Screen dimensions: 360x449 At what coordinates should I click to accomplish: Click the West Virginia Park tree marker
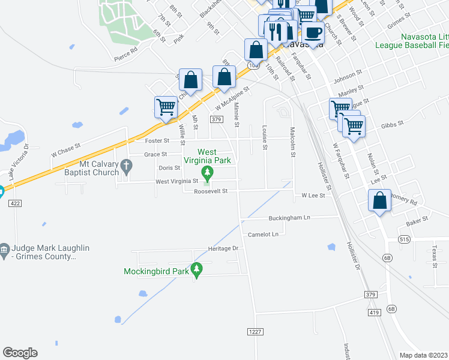tap(208, 173)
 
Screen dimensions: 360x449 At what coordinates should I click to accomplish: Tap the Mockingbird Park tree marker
tap(196, 271)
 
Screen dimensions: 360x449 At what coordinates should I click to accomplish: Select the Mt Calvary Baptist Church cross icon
tap(125, 164)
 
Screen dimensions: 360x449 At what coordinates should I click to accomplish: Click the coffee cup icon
tap(312, 32)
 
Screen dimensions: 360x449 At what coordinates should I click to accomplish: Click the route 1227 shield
tap(254, 332)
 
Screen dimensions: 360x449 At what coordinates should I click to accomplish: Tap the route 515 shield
tap(404, 239)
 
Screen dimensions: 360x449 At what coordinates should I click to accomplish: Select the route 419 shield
tap(375, 313)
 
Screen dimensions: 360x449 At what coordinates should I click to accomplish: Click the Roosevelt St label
tap(211, 191)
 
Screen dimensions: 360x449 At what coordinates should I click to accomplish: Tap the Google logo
tap(20, 353)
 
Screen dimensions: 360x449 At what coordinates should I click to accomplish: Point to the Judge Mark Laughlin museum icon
tap(4, 248)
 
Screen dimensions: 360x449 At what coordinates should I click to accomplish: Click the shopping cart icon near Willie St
tap(166, 107)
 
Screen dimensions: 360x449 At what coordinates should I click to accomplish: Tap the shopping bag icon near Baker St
tap(379, 201)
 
